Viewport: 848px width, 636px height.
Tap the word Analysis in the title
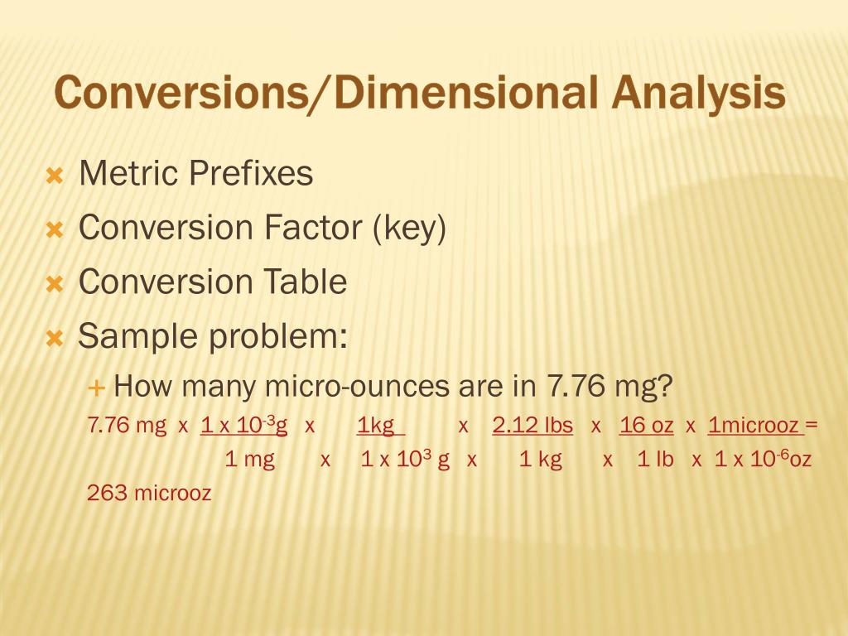[x=699, y=93]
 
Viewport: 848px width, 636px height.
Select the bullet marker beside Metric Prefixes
[x=55, y=176]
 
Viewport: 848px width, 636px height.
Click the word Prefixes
[x=251, y=174]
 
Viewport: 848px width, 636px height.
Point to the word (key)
[x=409, y=229]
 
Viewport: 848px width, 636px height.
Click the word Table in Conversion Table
[x=306, y=282]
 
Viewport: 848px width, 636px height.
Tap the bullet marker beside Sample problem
[x=55, y=339]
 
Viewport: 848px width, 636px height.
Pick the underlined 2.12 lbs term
[x=532, y=426]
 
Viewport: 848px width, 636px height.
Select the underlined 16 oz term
[x=646, y=426]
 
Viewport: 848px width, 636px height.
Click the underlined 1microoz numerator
[x=754, y=426]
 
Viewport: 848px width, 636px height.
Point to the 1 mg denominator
[x=249, y=460]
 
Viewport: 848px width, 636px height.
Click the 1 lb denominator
[x=656, y=460]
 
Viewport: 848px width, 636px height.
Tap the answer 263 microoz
[x=149, y=494]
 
